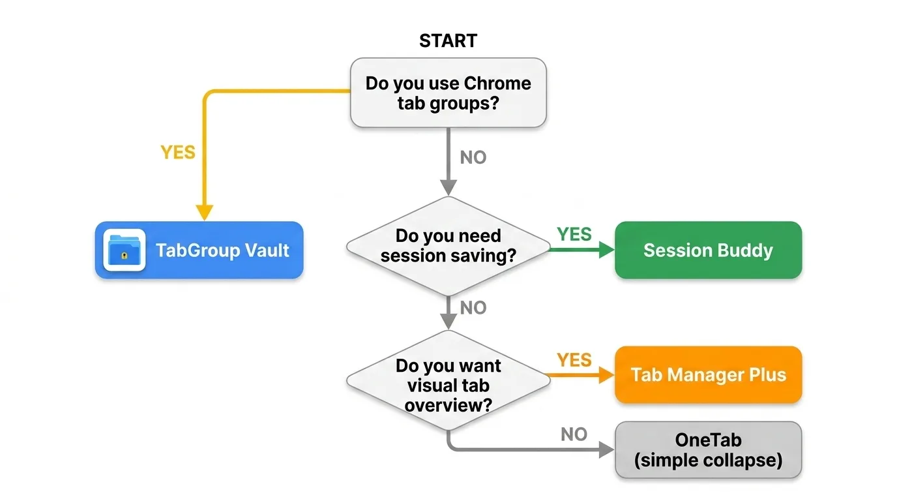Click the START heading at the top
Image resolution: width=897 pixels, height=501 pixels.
coord(448,40)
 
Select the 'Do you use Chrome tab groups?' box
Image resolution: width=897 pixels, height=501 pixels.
coord(448,93)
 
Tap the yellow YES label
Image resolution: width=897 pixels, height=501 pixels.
coord(178,152)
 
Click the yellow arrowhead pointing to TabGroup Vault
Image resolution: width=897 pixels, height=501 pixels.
coord(205,212)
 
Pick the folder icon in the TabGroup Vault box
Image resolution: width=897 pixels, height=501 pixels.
coord(124,250)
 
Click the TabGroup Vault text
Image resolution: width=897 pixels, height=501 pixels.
coord(222,250)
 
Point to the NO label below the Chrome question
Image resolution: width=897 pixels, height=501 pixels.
coord(473,157)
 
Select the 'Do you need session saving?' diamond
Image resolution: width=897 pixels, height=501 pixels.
coord(448,246)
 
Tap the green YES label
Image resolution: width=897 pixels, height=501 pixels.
coord(574,234)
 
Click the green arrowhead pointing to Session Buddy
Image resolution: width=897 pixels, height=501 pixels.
coord(606,250)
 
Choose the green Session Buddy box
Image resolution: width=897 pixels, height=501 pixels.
coord(708,250)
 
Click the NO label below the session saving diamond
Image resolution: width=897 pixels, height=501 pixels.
coord(473,307)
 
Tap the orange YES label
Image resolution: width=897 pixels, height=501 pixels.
coord(574,359)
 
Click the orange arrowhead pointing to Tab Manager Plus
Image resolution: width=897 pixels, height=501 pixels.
coord(606,375)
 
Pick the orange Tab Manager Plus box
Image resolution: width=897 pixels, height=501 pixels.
coord(708,375)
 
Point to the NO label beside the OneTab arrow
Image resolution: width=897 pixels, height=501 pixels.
coord(574,434)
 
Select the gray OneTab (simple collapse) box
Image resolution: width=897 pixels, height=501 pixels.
coord(708,450)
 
